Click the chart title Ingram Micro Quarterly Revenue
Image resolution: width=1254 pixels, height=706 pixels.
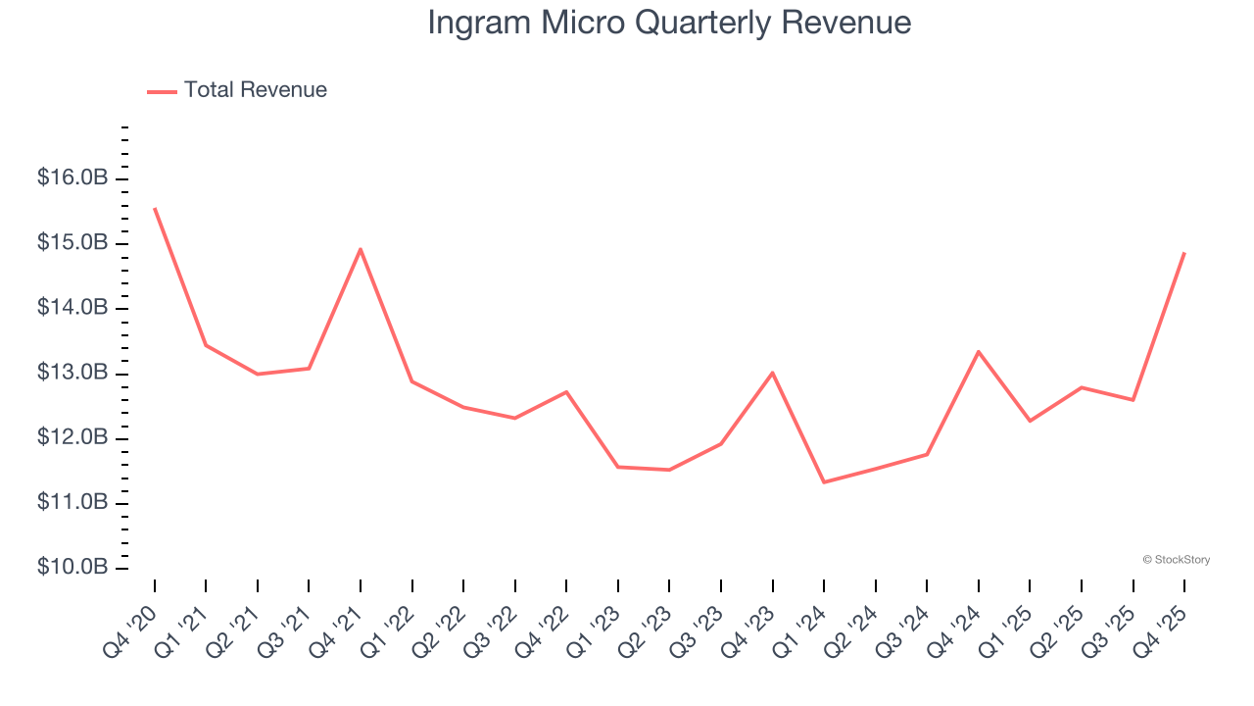[669, 23]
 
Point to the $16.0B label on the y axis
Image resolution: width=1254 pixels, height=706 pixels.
[72, 178]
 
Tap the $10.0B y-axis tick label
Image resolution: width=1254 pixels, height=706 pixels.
[72, 568]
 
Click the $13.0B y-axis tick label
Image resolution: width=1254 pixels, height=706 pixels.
[72, 374]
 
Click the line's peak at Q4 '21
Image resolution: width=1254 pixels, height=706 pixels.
[361, 249]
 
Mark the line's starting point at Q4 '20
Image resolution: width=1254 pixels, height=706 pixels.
[155, 208]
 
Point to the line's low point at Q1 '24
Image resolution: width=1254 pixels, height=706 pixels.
[824, 481]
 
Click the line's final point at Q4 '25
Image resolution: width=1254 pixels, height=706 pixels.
[1184, 253]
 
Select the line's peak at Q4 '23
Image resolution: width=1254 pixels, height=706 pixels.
[773, 373]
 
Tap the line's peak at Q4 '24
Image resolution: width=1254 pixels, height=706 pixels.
[979, 351]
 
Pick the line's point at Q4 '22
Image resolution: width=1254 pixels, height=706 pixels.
[566, 392]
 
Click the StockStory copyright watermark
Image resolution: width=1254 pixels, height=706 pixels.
[1176, 560]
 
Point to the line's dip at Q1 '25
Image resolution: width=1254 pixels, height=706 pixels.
[1030, 421]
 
